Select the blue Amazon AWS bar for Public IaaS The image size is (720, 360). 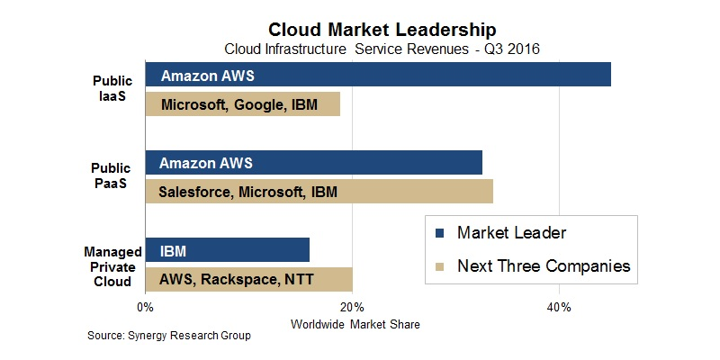[x=378, y=75]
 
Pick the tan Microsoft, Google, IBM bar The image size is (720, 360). [x=243, y=104]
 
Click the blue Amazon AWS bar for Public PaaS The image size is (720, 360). [x=313, y=163]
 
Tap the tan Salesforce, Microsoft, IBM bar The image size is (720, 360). [x=319, y=191]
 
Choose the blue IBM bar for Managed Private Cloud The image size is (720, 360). [x=227, y=251]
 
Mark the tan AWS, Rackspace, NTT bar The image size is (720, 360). [x=248, y=279]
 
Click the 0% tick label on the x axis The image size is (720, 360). [x=145, y=308]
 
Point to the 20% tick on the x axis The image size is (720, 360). [x=352, y=308]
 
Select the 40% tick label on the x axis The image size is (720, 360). [x=559, y=308]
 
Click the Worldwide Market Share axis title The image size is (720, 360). [x=352, y=323]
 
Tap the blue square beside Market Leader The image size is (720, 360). [x=439, y=234]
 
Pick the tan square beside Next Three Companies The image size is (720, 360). [x=439, y=266]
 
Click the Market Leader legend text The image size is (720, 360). [x=511, y=234]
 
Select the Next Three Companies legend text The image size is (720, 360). [x=544, y=266]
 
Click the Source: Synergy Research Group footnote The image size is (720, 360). [x=168, y=336]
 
